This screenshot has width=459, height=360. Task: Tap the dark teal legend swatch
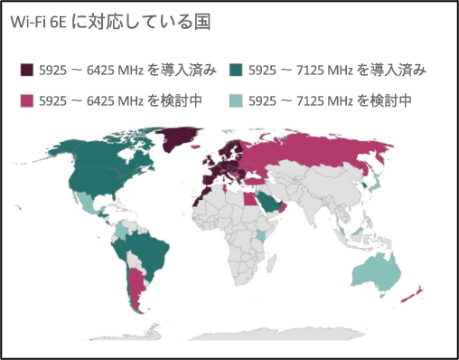238,70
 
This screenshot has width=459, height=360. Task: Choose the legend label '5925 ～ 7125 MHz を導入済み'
337,70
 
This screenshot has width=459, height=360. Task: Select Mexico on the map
90,204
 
